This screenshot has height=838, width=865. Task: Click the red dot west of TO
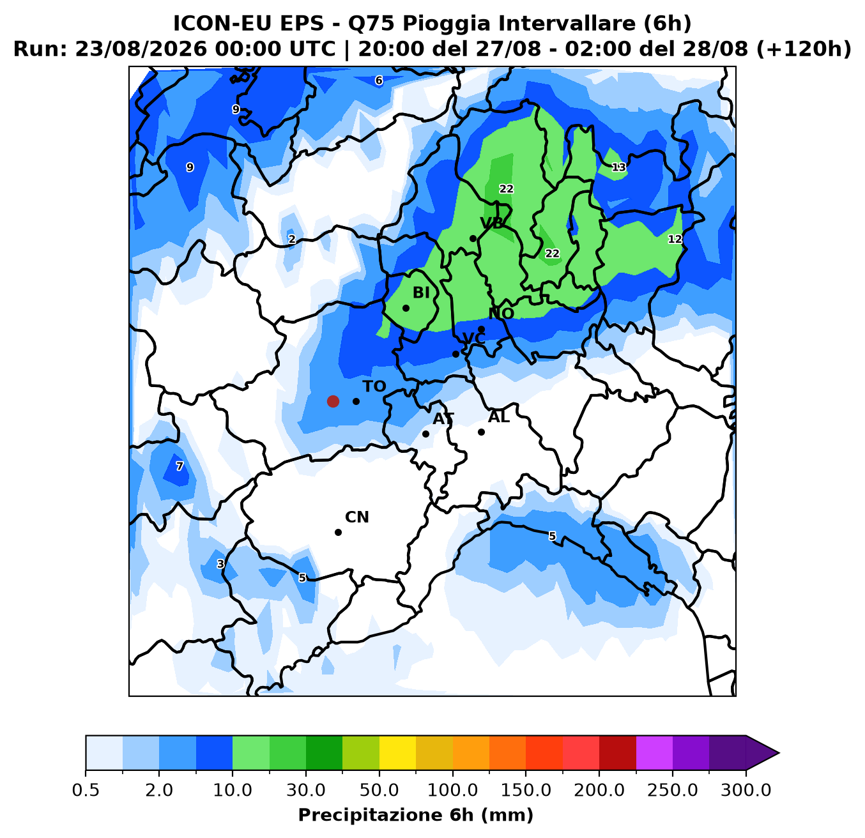tap(333, 401)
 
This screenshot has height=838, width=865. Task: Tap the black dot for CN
tap(338, 532)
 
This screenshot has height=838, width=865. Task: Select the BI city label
tap(421, 293)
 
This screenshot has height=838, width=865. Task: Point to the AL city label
tap(498, 417)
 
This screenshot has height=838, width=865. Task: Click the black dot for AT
tap(425, 434)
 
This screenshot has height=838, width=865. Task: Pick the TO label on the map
tap(374, 386)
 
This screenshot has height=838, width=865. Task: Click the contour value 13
tap(619, 167)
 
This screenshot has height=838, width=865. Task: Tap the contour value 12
tap(675, 239)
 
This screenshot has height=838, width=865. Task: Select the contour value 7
tap(179, 466)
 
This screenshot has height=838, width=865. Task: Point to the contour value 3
tap(220, 564)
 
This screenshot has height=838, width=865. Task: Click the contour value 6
tap(379, 80)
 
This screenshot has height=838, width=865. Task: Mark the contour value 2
tap(291, 239)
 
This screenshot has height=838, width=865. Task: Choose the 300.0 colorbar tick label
tap(746, 790)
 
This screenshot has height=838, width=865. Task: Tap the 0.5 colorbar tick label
tap(86, 790)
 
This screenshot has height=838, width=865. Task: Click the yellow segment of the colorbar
tap(397, 752)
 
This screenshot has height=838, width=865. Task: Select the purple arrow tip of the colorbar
tap(779, 753)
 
